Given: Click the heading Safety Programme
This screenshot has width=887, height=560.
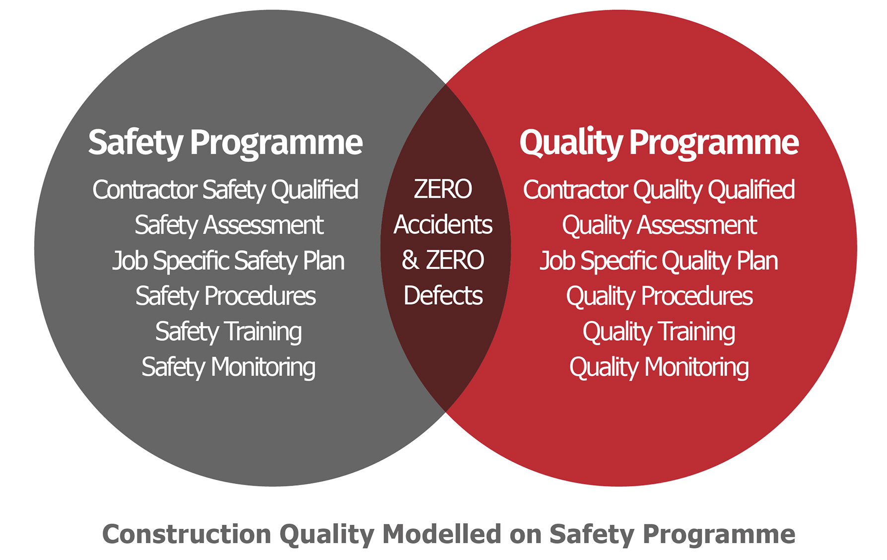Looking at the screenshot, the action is (225, 143).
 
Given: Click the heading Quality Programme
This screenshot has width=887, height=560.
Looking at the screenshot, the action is (659, 143).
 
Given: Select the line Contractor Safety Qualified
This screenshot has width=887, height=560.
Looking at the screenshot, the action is (225, 190).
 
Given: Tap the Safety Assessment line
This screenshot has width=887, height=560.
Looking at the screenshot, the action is (229, 225).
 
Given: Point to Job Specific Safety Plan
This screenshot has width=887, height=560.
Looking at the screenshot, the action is (228, 261).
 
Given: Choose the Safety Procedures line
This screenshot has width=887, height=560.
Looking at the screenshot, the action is (226, 296).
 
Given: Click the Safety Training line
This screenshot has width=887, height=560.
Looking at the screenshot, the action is (228, 332).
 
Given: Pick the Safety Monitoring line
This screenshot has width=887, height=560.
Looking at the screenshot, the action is (228, 368).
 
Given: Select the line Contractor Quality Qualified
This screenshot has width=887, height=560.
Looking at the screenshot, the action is (659, 190).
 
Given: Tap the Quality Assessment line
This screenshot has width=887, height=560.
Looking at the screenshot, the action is (660, 225).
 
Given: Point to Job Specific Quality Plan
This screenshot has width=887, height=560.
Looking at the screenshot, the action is (659, 261).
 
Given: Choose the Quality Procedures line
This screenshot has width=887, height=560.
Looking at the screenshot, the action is (660, 296).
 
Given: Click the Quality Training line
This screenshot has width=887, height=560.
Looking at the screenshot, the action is (659, 332).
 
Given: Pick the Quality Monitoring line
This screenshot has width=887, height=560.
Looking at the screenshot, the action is (659, 368).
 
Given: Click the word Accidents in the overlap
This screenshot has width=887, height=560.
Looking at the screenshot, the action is (443, 225).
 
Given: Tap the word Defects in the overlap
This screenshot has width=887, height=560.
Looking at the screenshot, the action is (443, 296).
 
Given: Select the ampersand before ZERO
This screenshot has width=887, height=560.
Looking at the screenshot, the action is (410, 260).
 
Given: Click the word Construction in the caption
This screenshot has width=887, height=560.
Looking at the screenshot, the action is (187, 534).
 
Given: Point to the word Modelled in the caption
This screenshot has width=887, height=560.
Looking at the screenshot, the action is (442, 534).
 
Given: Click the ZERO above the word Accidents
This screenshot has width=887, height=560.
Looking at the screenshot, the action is (443, 189).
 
